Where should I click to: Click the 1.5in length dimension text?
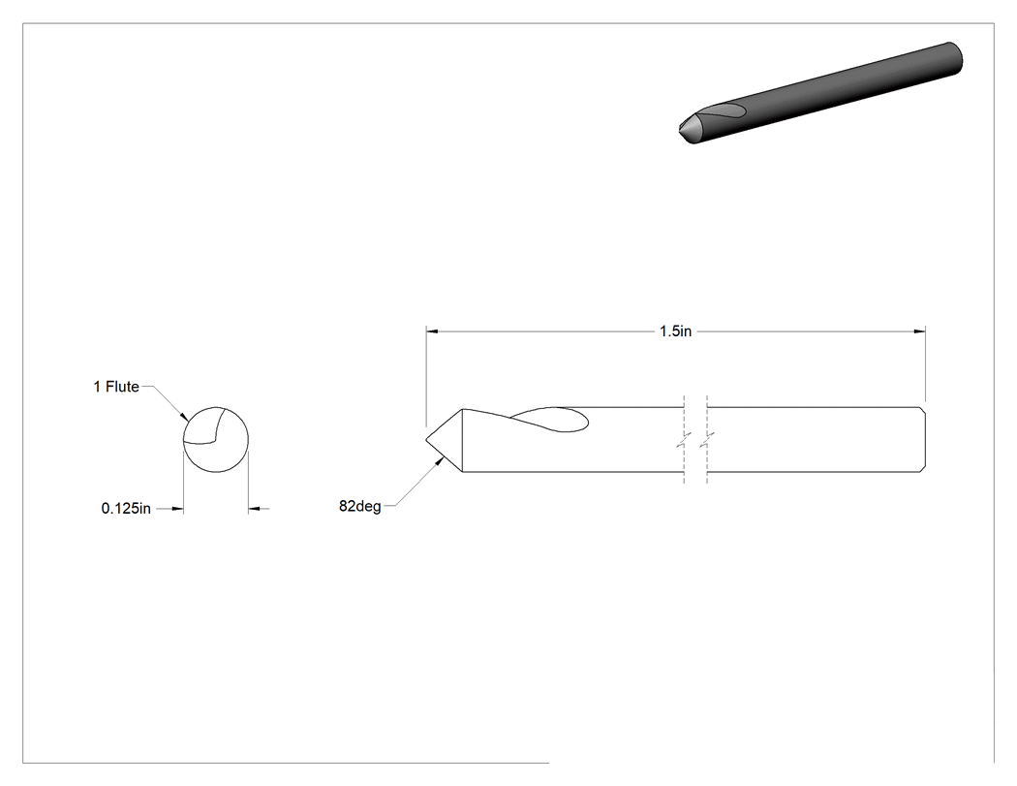(x=675, y=331)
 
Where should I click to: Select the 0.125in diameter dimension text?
(x=126, y=508)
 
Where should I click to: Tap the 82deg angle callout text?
(x=360, y=506)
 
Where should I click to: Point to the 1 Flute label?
(x=116, y=387)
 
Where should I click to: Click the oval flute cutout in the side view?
(x=551, y=420)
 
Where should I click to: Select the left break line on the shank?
(x=684, y=439)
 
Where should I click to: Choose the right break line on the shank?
(x=706, y=439)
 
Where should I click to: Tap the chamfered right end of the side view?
(x=923, y=439)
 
